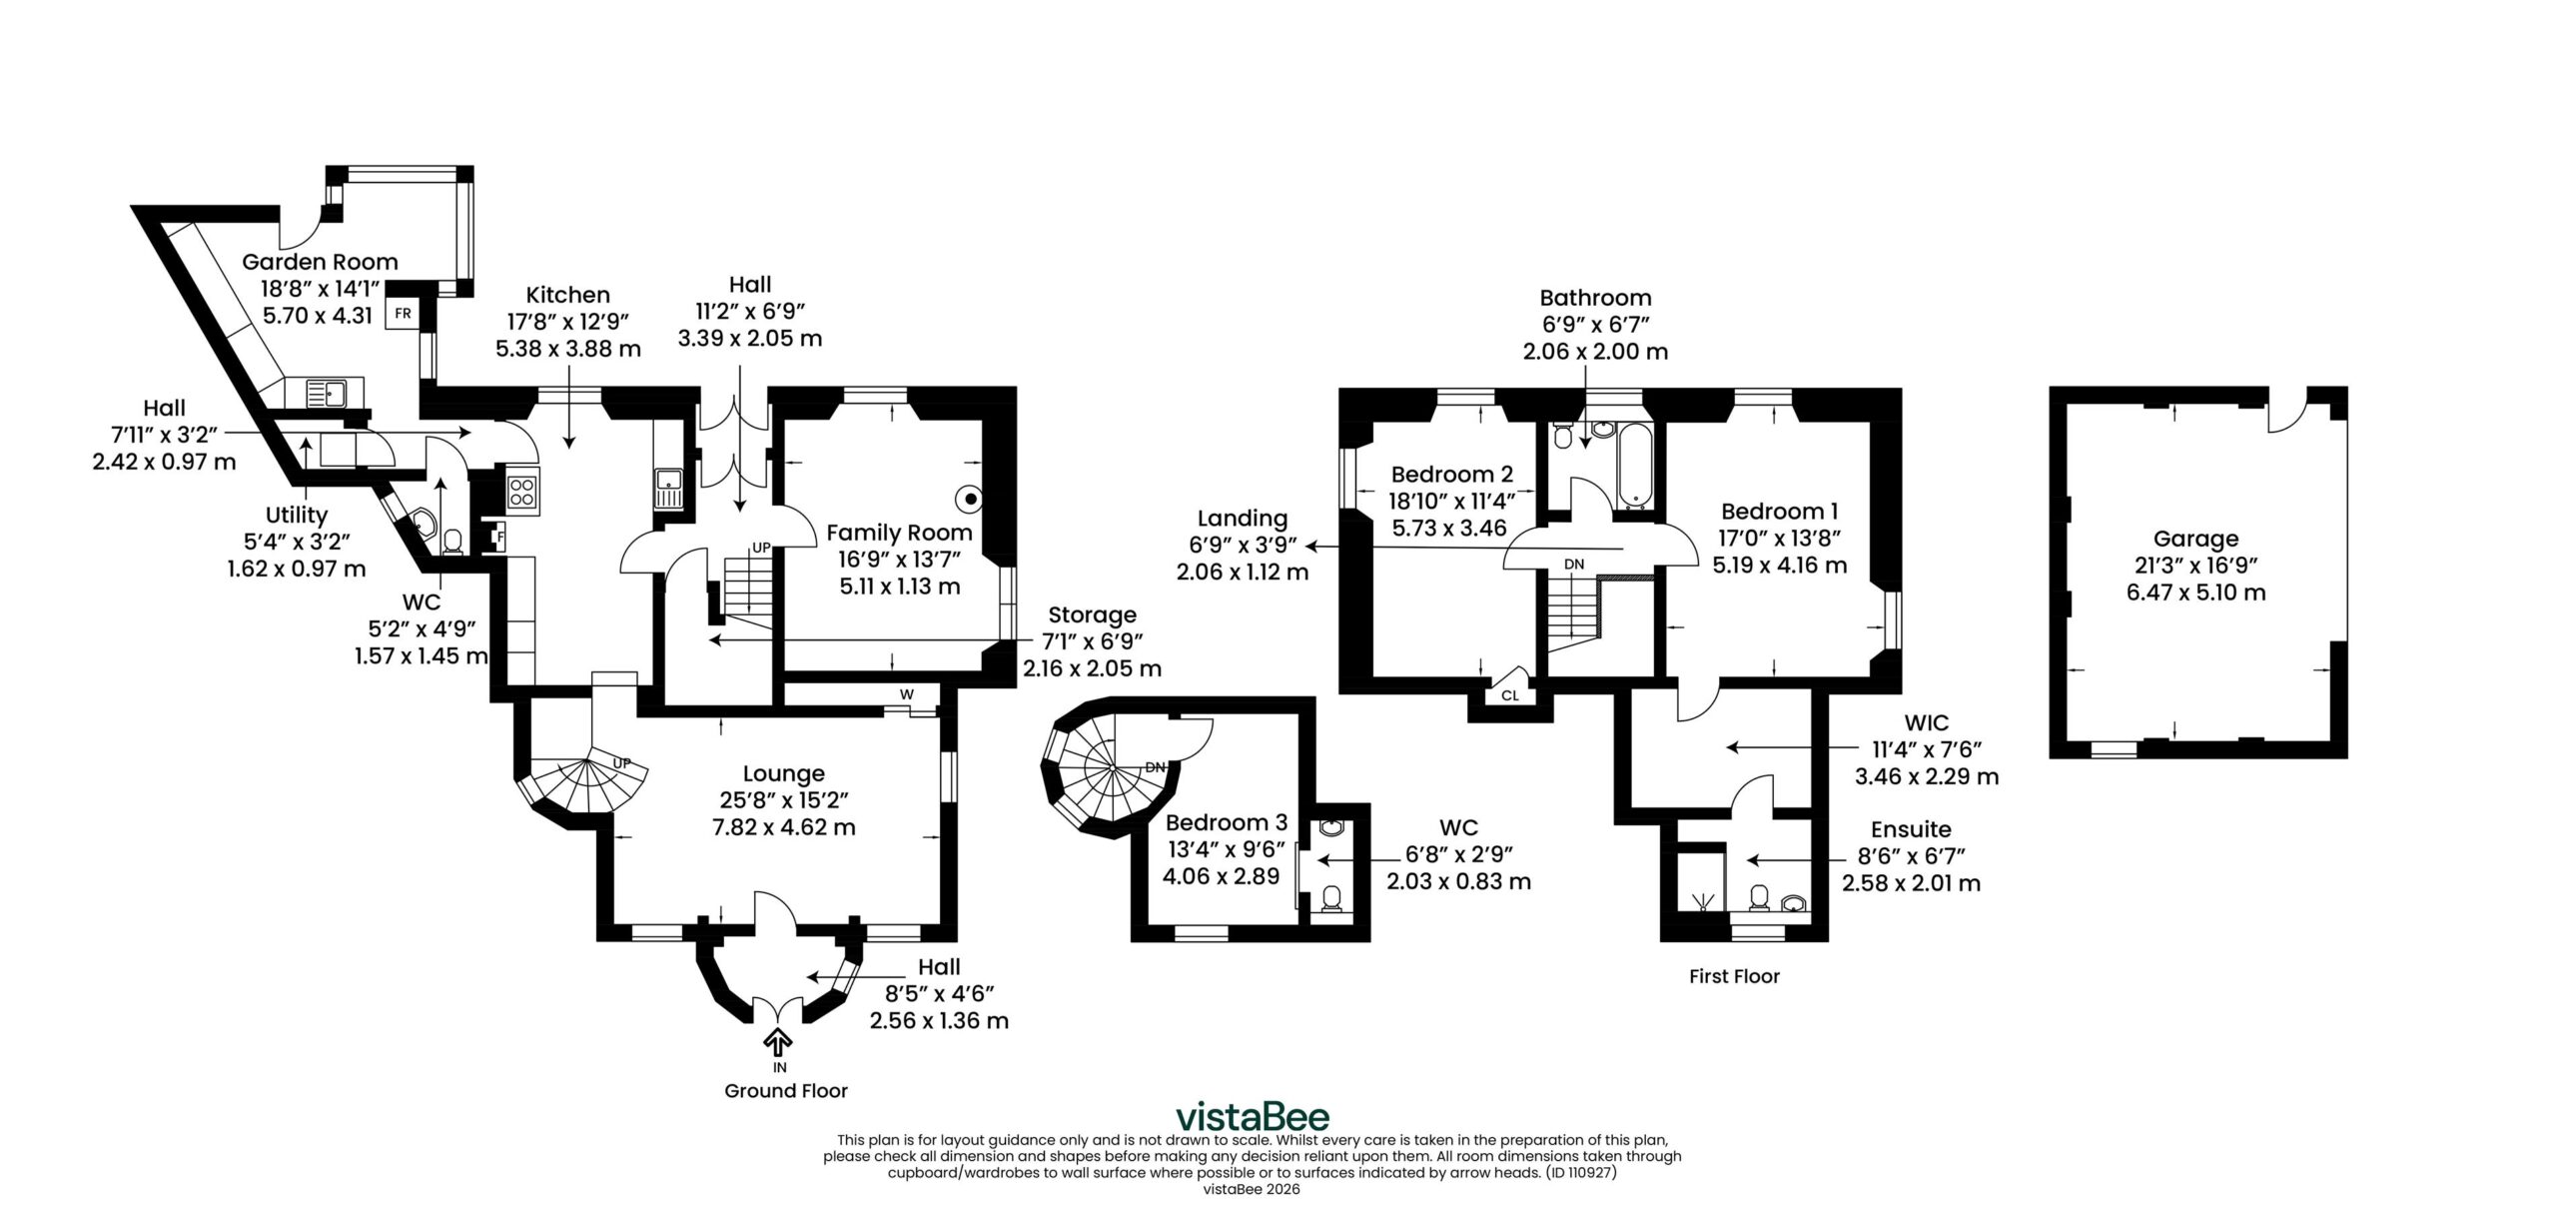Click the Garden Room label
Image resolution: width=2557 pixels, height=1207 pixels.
320,262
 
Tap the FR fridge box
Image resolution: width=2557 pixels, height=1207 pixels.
403,313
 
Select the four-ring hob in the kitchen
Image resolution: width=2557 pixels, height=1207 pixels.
522,492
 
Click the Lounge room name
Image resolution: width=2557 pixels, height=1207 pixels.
783,773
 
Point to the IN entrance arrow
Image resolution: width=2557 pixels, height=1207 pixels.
778,1042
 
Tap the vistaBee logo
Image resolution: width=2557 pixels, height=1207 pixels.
1252,1115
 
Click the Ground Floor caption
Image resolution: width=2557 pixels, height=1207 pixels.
786,1091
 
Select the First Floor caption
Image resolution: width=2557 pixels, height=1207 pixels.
1734,976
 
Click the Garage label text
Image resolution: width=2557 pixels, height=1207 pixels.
2195,540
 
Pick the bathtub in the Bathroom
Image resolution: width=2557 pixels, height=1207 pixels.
1636,466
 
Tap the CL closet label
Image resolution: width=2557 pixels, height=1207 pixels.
1510,694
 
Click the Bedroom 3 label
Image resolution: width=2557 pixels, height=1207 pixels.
1227,822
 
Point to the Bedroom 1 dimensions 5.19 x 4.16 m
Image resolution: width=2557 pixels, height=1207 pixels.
1780,565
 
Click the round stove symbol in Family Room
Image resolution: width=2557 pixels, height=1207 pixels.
970,498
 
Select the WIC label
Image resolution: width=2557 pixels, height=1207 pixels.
1927,722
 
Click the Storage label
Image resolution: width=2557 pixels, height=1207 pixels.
1092,614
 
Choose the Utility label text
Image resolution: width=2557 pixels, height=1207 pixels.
297,516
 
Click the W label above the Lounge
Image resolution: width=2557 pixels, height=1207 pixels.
906,693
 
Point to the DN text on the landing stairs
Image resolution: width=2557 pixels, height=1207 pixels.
1574,565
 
